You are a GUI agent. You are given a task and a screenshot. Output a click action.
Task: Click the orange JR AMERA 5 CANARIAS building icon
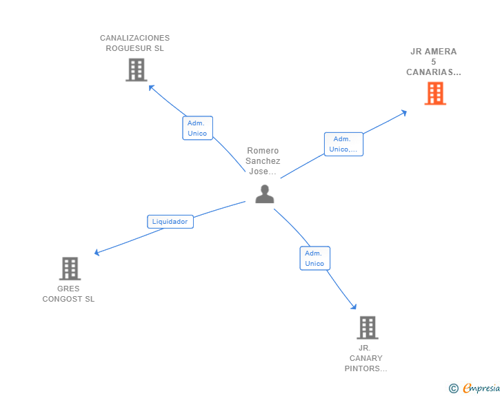tap(435, 93)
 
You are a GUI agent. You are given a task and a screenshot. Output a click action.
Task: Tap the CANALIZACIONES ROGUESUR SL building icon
tap(137, 70)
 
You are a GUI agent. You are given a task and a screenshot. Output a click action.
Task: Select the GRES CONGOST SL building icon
tap(70, 269)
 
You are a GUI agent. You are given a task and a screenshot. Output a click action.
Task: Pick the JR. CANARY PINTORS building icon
tap(368, 327)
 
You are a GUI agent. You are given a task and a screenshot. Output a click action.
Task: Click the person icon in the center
tap(264, 194)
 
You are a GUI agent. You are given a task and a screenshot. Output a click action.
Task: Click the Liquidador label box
tap(170, 222)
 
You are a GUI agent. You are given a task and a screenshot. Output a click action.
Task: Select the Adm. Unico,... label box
tap(343, 144)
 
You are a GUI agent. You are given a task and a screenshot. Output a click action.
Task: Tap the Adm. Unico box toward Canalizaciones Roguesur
tap(197, 128)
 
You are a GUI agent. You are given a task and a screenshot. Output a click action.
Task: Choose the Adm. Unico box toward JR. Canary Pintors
tap(314, 258)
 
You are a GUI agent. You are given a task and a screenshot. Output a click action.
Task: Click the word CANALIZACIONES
tap(134, 38)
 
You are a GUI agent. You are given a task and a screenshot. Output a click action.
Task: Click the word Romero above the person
tap(263, 151)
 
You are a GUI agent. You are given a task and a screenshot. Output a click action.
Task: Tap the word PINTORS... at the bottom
tap(365, 368)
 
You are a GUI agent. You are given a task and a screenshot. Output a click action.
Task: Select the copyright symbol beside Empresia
tap(453, 388)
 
